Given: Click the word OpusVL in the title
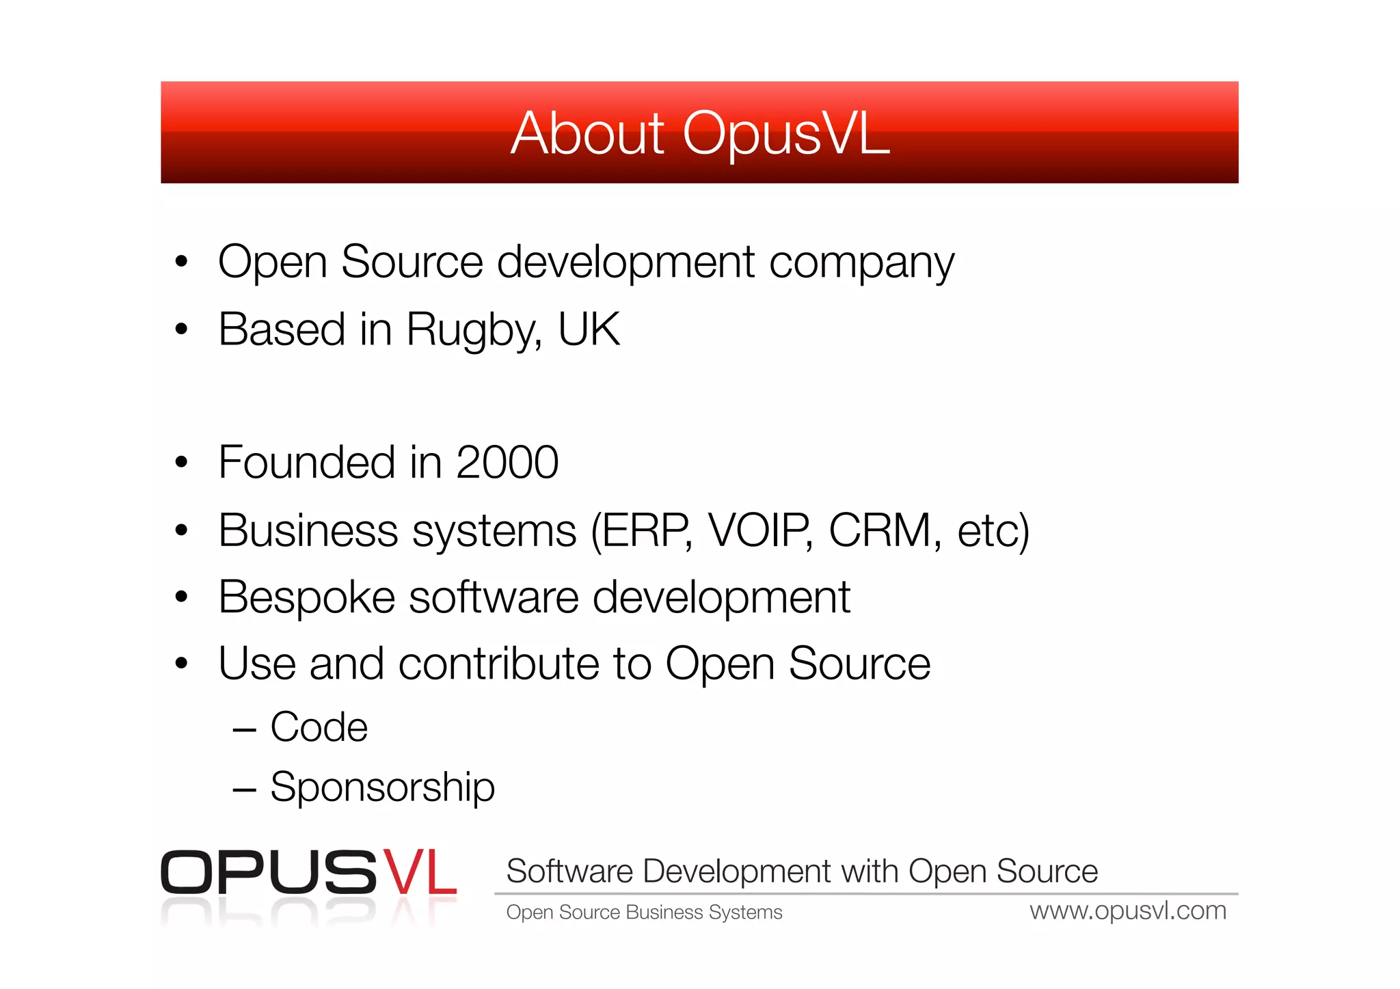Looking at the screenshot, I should coord(786,133).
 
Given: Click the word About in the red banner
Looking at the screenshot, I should coord(587,133).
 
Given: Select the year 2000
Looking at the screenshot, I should coord(507,463).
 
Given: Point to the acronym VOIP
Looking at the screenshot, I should coord(759,530).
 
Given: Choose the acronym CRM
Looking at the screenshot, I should coord(880,530).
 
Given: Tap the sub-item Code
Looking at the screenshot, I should coord(319,727).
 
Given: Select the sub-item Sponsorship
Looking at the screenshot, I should coord(382,787).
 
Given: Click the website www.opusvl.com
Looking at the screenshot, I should coord(1128,911).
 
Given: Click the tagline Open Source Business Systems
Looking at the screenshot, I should coord(644,912).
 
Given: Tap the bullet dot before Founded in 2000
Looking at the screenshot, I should coord(181,463).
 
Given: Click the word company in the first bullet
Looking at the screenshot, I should coord(861,263).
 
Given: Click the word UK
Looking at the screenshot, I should coord(589,329).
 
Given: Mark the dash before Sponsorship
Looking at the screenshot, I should coord(244,790).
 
